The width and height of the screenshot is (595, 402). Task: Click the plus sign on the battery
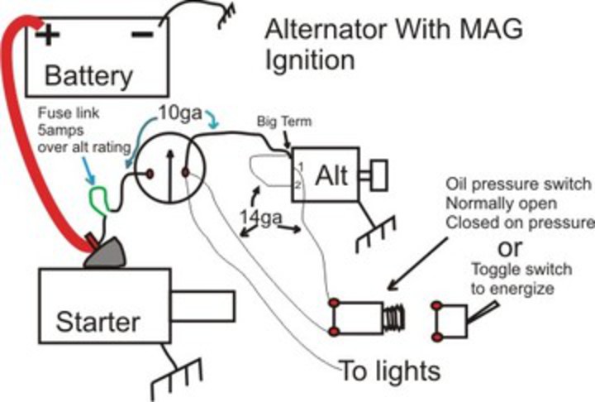pos(49,35)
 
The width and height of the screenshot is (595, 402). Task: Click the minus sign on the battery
pos(141,34)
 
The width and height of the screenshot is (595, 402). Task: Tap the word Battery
pos(88,76)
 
